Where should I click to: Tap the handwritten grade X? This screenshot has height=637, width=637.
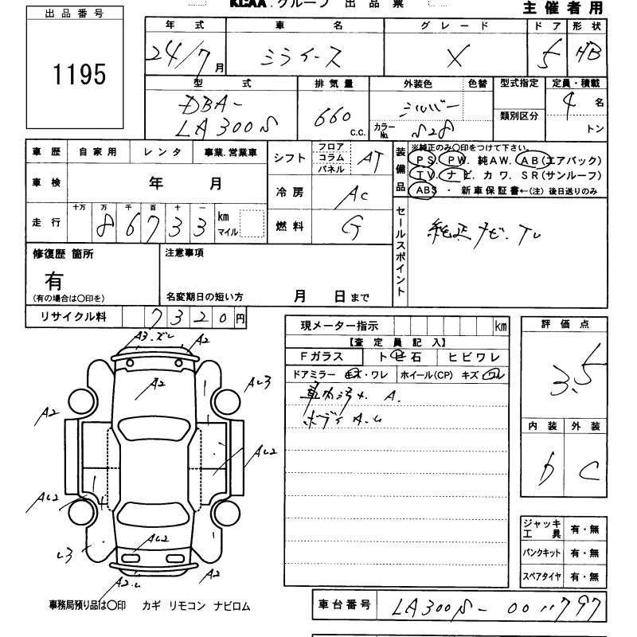point(456,57)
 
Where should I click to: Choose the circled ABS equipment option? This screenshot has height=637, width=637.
point(425,191)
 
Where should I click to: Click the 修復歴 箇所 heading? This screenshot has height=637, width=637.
point(63,253)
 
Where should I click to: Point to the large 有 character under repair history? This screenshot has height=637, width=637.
point(54,279)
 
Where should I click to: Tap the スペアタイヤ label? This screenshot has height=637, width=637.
point(541,576)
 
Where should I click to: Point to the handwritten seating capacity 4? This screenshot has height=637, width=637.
point(568,104)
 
